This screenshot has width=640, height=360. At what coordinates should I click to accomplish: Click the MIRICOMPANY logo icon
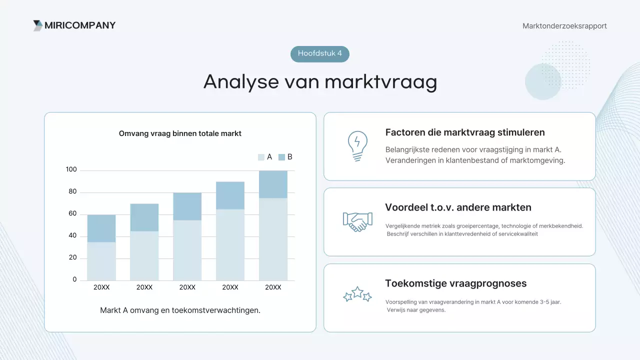[38, 25]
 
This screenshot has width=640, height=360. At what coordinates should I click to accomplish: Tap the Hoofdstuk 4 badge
[320, 53]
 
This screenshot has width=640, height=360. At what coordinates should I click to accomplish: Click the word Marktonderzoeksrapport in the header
[564, 26]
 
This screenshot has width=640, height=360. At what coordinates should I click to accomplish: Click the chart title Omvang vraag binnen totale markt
[180, 133]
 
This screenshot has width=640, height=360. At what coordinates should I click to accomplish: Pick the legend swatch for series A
[261, 157]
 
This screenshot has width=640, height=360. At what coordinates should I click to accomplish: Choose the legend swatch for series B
[281, 157]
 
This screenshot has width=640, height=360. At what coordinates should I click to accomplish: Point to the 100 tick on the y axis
[71, 170]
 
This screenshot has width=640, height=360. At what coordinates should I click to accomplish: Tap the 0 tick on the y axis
[74, 279]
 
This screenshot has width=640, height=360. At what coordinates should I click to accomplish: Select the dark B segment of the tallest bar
[273, 184]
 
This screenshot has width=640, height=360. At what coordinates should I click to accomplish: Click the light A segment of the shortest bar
[101, 261]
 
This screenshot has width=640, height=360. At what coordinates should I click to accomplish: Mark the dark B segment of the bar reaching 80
[187, 206]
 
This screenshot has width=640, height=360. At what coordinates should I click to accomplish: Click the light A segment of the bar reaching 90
[230, 244]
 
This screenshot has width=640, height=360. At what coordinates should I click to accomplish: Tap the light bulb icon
[357, 146]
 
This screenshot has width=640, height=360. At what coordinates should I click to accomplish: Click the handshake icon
[357, 221]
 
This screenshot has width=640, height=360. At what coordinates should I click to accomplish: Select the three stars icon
[357, 294]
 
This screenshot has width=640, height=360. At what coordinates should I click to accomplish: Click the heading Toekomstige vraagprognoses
[455, 283]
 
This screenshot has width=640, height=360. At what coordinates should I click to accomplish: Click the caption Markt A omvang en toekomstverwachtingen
[180, 310]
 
